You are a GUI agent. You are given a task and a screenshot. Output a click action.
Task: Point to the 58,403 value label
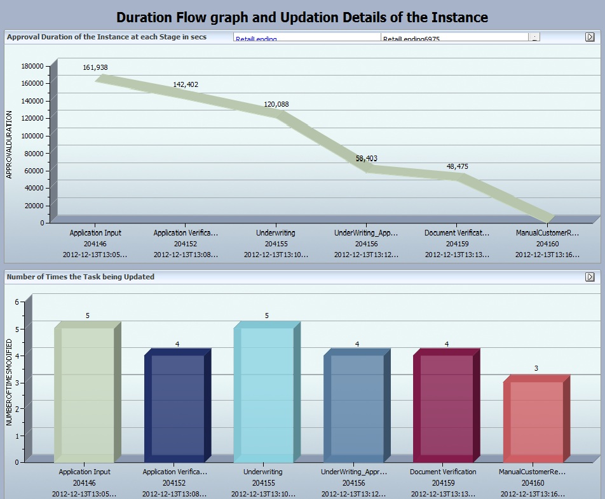(366, 159)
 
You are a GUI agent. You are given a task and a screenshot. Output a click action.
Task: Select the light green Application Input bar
(84, 394)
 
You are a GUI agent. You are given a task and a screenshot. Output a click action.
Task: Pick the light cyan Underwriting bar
(264, 394)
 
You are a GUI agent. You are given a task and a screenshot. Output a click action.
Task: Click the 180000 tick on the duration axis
(32, 66)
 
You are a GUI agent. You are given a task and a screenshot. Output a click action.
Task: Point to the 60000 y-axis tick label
(34, 171)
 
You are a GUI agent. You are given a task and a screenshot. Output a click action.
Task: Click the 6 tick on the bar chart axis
(17, 302)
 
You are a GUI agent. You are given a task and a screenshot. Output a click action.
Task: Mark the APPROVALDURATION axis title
(10, 145)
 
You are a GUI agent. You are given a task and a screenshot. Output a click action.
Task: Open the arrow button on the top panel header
(590, 37)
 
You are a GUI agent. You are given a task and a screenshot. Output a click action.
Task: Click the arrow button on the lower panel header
(590, 277)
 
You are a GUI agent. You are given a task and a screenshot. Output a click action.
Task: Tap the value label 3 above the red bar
(536, 368)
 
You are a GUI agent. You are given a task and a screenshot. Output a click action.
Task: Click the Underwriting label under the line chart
(275, 233)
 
